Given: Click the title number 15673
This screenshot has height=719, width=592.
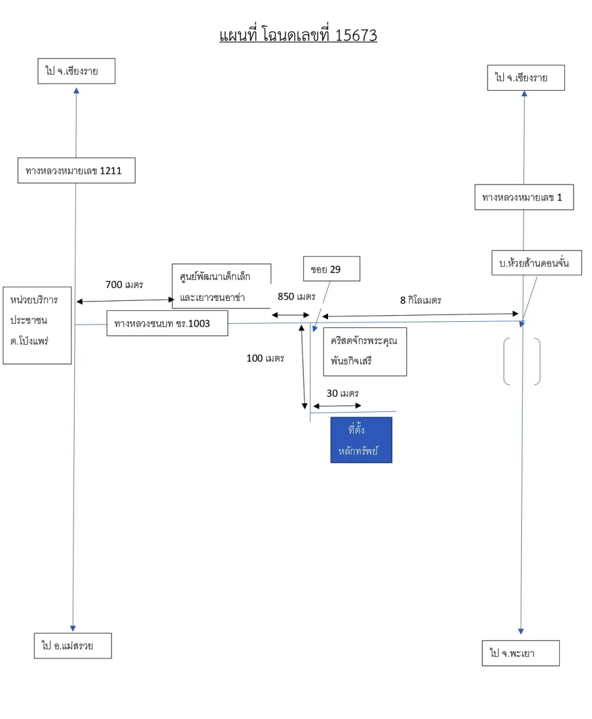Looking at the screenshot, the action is [356, 35].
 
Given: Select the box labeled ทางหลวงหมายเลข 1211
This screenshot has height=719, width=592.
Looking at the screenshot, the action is [76, 171].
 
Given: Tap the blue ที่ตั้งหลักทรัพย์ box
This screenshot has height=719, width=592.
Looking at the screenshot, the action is [361, 440].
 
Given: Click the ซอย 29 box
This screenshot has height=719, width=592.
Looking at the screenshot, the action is [332, 269].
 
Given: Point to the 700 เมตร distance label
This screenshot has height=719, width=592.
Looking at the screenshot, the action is [125, 285].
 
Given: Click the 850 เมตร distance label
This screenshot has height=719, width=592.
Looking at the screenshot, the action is [297, 297].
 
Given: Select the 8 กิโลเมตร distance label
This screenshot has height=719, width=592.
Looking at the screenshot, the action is [421, 300].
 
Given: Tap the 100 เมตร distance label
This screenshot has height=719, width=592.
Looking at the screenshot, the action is [266, 358].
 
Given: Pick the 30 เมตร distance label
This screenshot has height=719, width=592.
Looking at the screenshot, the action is [342, 393].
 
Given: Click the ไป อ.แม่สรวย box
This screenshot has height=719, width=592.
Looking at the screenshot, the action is [73, 646].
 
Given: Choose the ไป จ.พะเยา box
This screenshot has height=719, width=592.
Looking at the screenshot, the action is [521, 653].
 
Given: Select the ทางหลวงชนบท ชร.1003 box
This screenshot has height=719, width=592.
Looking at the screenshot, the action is [167, 323].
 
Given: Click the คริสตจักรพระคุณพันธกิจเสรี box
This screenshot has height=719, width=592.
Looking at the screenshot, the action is [365, 351].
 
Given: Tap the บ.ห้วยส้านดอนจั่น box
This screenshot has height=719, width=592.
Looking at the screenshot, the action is [536, 263].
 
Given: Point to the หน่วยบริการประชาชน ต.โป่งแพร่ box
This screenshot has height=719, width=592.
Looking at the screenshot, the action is [37, 326].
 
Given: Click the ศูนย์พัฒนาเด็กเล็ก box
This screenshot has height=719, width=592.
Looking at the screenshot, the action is [221, 286].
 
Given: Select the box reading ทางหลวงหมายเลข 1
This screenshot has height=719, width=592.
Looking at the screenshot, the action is [524, 197].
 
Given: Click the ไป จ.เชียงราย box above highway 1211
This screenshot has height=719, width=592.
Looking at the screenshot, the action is [76, 71].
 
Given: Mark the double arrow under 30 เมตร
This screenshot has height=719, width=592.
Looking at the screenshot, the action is [337, 406].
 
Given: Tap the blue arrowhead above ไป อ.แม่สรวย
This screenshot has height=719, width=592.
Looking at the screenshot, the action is [73, 628].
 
